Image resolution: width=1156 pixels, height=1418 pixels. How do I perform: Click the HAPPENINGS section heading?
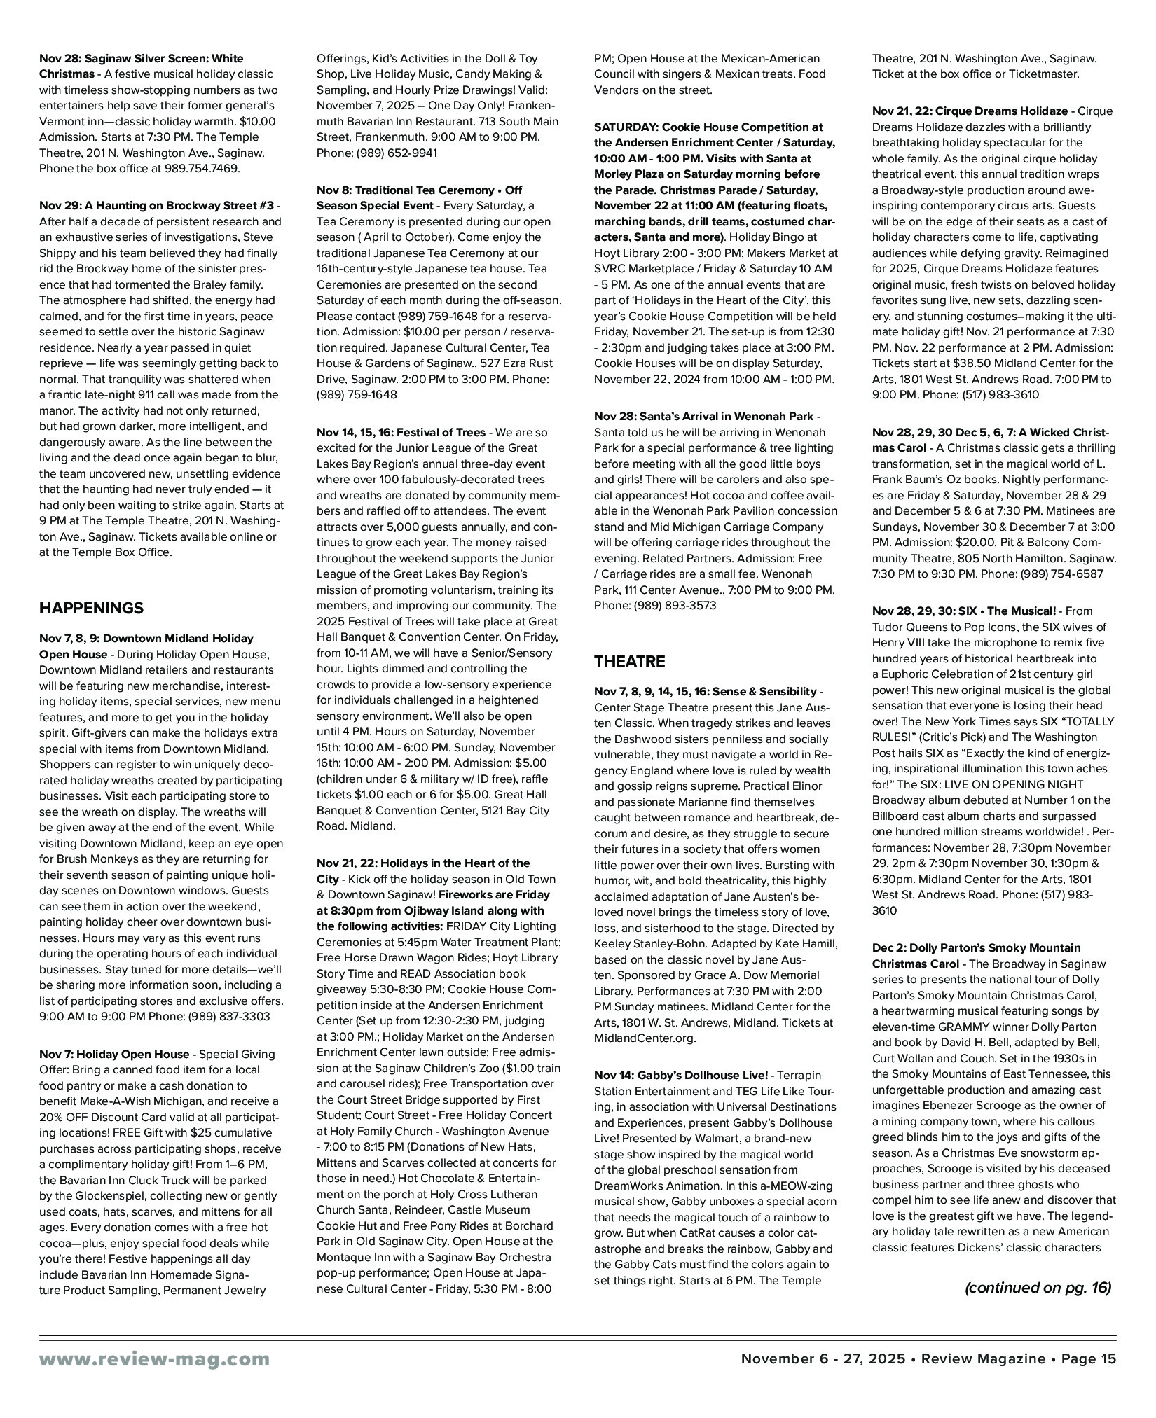coord(91,608)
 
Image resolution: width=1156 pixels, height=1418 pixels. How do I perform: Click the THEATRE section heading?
coord(629,661)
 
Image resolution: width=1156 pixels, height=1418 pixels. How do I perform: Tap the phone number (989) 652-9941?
coord(397,153)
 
